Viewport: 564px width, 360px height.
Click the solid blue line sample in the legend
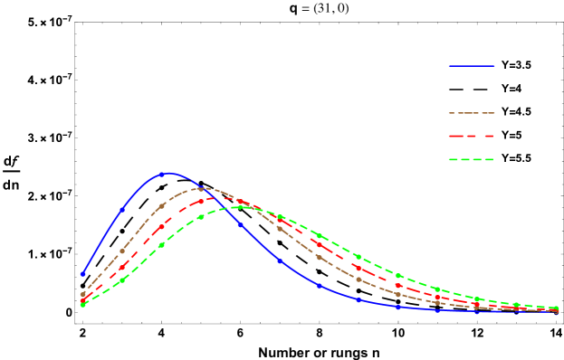pos(472,66)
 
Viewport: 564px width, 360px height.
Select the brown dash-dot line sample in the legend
pos(472,113)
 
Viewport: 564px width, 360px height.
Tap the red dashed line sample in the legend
pos(472,137)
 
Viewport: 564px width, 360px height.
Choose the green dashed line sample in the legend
pos(472,160)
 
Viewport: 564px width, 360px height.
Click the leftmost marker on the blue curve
pos(82,273)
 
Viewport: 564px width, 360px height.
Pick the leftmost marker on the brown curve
pos(82,294)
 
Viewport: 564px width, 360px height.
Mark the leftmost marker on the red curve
pos(82,300)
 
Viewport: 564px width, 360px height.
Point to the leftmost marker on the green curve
pos(82,305)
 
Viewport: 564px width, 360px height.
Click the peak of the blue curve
pos(167,173)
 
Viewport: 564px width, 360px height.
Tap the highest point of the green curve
pos(241,207)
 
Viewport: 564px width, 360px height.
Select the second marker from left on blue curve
pos(122,210)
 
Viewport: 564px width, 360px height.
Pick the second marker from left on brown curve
pos(122,251)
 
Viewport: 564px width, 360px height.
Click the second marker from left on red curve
pos(122,268)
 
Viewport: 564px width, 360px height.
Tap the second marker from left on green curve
pos(122,280)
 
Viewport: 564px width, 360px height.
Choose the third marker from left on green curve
pos(161,245)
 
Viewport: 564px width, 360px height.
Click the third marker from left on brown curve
pos(161,207)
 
